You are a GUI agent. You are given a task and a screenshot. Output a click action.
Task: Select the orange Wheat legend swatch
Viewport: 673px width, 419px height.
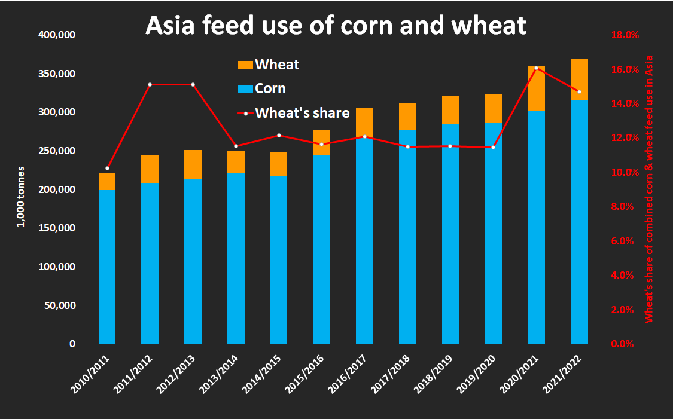(245, 65)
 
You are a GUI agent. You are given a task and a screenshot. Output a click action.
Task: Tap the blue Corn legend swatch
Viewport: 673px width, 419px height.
(245, 88)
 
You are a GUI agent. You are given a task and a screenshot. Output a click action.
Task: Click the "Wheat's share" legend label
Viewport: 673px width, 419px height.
(302, 113)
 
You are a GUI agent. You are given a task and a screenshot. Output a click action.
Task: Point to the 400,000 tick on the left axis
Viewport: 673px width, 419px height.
(57, 35)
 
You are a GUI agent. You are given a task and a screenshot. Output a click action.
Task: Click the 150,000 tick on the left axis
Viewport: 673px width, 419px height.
(57, 228)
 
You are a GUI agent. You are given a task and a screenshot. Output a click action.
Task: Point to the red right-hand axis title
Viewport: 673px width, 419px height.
(649, 189)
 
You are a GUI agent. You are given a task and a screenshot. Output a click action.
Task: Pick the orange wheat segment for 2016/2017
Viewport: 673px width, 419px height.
(364, 123)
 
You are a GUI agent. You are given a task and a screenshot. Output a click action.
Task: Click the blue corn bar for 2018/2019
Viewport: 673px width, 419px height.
(450, 234)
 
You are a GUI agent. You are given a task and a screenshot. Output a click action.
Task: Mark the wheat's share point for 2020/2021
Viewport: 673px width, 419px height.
(536, 68)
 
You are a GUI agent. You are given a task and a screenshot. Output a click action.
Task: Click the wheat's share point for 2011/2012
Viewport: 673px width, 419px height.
(150, 84)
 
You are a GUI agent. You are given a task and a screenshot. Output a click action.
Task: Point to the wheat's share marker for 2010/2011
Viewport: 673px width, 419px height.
(107, 169)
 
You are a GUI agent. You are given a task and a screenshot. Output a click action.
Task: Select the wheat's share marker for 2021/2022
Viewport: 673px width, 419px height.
(579, 91)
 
